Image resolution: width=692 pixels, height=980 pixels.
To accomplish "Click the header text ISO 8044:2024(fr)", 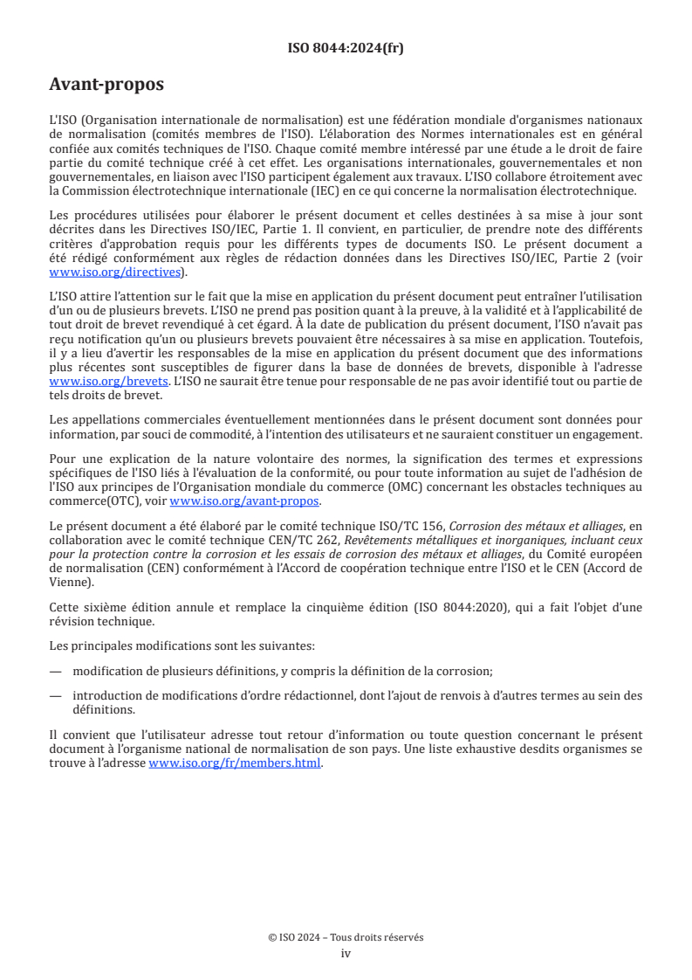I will (x=346, y=48).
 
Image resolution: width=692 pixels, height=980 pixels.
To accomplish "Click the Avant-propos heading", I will (x=106, y=85).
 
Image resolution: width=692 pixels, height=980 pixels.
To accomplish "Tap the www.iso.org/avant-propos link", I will (x=244, y=501).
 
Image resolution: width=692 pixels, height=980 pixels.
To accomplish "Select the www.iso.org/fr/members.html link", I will (x=236, y=763).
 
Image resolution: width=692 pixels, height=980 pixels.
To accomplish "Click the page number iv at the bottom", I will (x=346, y=953).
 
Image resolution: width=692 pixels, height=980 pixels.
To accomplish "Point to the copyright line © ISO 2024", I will (x=346, y=937).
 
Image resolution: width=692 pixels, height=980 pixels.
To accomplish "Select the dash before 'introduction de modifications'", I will (x=56, y=695).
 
